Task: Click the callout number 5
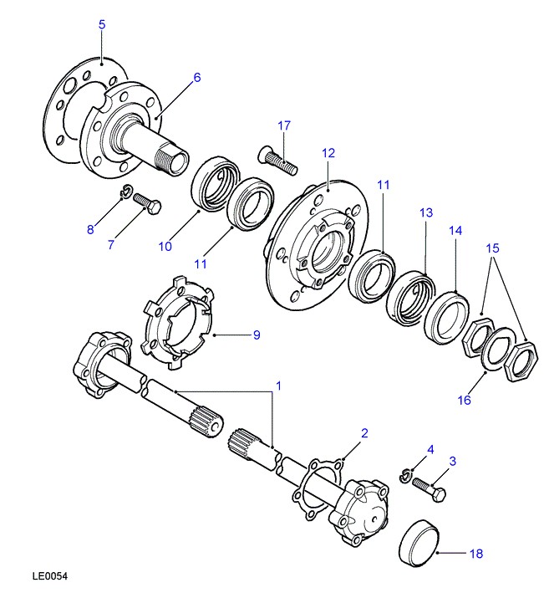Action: (x=102, y=25)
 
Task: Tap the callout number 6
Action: (x=197, y=78)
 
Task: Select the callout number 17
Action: (x=284, y=125)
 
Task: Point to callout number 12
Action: (x=328, y=153)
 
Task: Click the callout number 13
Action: (x=426, y=213)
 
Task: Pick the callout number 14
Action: (x=455, y=230)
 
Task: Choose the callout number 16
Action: (x=464, y=400)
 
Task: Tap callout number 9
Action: (x=257, y=335)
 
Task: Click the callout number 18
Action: (x=476, y=553)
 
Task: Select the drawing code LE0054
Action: (x=50, y=576)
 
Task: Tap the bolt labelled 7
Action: (x=146, y=203)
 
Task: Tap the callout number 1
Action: (x=278, y=386)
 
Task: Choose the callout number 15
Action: (x=493, y=248)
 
